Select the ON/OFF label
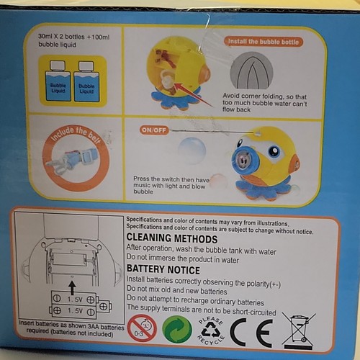pos(155,130)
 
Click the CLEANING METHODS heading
pos(171,238)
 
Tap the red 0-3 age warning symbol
pos(142,328)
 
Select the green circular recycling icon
pos(177,329)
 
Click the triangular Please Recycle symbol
pos(212,329)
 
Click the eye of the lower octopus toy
pos(274,152)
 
